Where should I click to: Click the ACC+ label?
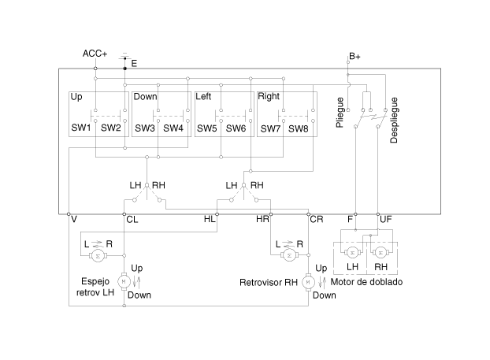click(x=95, y=54)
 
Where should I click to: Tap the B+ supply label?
click(x=355, y=57)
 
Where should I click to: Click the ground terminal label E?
click(x=134, y=64)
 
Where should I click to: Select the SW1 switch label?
click(x=81, y=128)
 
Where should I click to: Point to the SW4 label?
click(x=173, y=128)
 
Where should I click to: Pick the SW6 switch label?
click(x=236, y=128)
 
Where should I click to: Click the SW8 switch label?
click(x=298, y=128)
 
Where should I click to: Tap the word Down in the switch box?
click(x=145, y=97)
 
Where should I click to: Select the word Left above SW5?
click(x=203, y=97)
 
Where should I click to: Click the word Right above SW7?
click(x=269, y=97)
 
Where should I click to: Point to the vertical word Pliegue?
click(x=340, y=113)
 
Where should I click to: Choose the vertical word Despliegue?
click(x=394, y=121)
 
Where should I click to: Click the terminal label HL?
click(x=210, y=219)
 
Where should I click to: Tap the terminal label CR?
click(x=317, y=219)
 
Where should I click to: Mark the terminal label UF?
click(x=386, y=219)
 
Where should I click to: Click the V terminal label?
click(x=74, y=219)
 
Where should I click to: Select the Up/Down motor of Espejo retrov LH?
click(x=124, y=281)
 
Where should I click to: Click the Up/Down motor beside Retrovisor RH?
click(x=308, y=282)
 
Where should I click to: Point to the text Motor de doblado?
click(x=366, y=282)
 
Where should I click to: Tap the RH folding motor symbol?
click(x=380, y=253)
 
